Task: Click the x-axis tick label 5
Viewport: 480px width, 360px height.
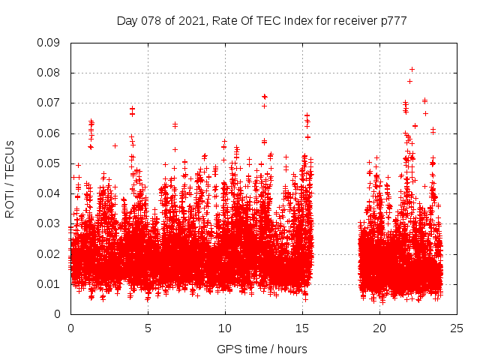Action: [x=148, y=328]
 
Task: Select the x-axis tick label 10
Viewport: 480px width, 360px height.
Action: [x=225, y=328]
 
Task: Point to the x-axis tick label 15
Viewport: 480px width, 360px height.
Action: [x=302, y=328]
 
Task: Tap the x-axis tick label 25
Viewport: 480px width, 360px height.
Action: [x=457, y=328]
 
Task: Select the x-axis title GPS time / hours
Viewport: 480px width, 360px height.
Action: [x=262, y=349]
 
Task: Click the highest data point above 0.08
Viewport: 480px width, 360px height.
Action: [x=412, y=70]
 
